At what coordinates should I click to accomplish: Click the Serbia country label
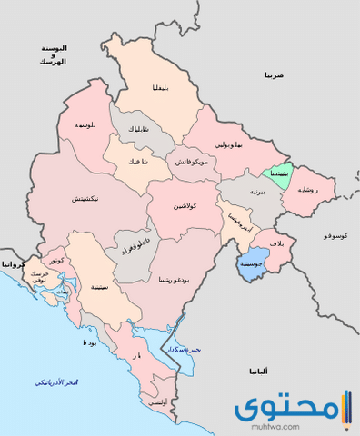tap(275, 75)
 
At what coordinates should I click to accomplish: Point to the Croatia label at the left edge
tap(11, 263)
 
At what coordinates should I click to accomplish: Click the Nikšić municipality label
tap(86, 198)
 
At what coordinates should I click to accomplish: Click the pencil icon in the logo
tap(345, 408)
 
